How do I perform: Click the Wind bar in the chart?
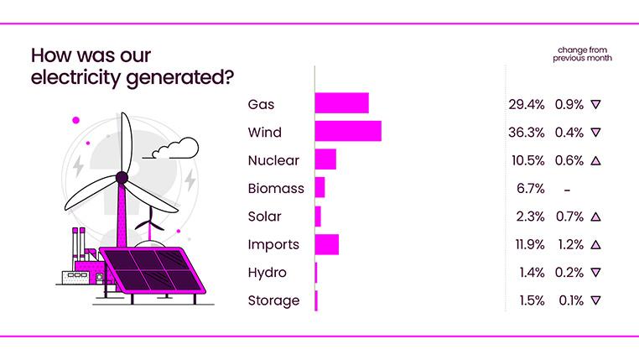(348, 132)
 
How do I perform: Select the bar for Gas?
(341, 104)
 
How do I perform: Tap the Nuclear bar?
(325, 159)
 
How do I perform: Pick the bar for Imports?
(326, 244)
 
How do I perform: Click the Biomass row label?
(276, 188)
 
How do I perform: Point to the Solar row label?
(264, 217)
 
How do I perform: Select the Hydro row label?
(267, 273)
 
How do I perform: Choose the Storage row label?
(273, 300)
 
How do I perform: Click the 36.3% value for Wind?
(526, 132)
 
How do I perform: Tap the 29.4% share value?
(526, 104)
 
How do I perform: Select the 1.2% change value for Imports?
(570, 244)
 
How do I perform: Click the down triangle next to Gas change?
(595, 104)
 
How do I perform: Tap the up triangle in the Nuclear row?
(595, 159)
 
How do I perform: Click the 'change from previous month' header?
(582, 55)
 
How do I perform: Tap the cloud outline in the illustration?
(174, 149)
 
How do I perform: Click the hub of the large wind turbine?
(122, 177)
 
